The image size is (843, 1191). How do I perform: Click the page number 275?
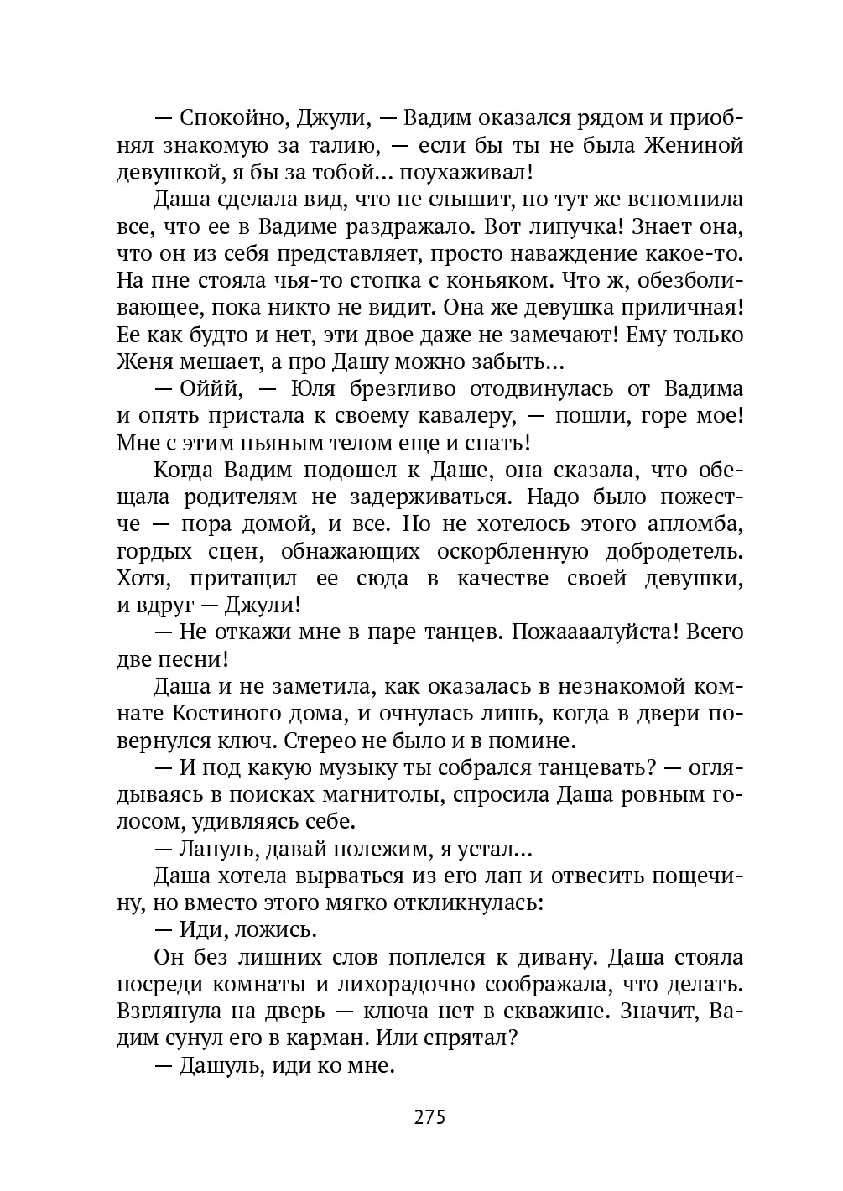pos(429,1117)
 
